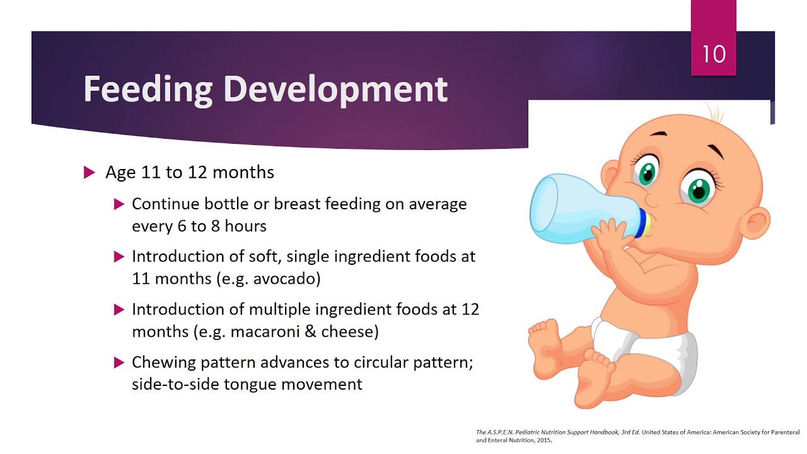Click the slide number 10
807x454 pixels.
pos(714,54)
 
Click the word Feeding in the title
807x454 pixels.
pos(148,89)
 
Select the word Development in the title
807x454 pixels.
pos(335,89)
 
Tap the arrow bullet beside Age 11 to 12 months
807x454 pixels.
pos(89,173)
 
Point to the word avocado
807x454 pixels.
pos(286,279)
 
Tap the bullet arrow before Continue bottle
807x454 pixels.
pos(119,204)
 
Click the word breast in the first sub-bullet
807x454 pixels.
pos(296,204)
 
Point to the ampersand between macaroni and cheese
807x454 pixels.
pos(310,332)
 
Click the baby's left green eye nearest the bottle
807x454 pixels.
pos(647,173)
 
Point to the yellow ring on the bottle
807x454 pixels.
pos(644,223)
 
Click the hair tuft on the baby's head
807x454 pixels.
pos(714,113)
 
